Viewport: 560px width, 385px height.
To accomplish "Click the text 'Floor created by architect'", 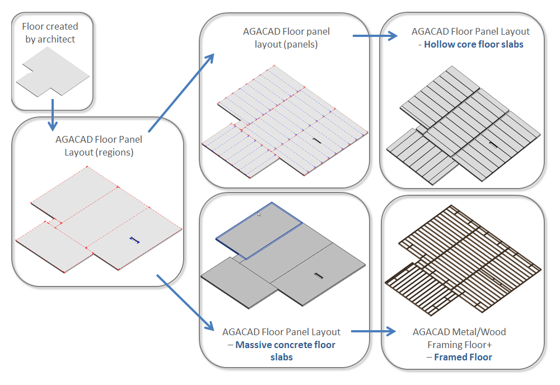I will point(50,32).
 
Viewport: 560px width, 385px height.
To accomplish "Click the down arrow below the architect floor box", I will point(52,114).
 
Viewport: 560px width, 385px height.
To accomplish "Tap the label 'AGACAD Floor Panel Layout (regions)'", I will point(99,145).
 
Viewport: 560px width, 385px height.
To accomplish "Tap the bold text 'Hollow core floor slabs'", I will point(473,44).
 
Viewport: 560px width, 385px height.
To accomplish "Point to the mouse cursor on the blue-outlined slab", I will point(259,214).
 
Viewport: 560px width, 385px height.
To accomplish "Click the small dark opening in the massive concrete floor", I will point(319,275).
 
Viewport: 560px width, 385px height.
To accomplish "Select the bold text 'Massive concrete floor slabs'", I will point(285,351).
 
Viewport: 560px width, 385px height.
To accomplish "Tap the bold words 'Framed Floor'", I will point(463,357).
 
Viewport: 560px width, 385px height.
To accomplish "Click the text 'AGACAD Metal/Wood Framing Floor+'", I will point(459,338).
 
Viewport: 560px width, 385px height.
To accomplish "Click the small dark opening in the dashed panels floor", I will point(316,140).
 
